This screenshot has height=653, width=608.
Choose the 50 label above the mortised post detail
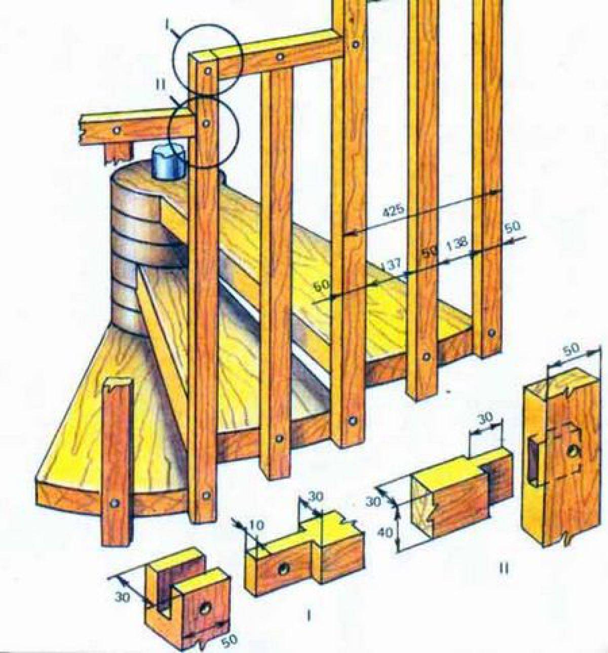coord(572,349)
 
